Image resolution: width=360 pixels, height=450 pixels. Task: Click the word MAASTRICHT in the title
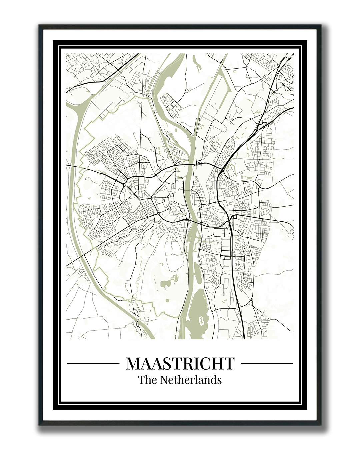(180, 363)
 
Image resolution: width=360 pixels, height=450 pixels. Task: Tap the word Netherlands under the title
(191, 380)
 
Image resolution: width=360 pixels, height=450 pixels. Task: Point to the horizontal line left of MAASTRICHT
(93, 363)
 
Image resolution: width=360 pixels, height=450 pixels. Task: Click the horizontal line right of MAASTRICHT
(267, 363)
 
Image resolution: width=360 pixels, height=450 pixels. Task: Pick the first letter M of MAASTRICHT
(133, 363)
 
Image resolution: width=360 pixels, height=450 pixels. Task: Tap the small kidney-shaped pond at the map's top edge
(199, 68)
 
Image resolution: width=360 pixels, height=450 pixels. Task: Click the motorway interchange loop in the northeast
(263, 125)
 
